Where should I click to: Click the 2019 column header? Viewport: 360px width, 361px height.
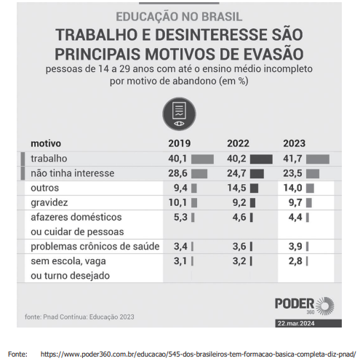tap(179, 143)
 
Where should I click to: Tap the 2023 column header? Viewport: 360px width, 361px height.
tap(294, 143)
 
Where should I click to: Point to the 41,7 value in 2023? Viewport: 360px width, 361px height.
tap(294, 159)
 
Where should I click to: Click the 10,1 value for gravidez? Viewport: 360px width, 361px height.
tap(178, 203)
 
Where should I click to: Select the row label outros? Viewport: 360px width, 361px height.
tap(45, 189)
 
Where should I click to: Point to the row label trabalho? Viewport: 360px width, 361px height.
tap(49, 159)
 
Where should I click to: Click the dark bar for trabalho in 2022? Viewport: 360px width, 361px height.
tap(261, 159)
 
